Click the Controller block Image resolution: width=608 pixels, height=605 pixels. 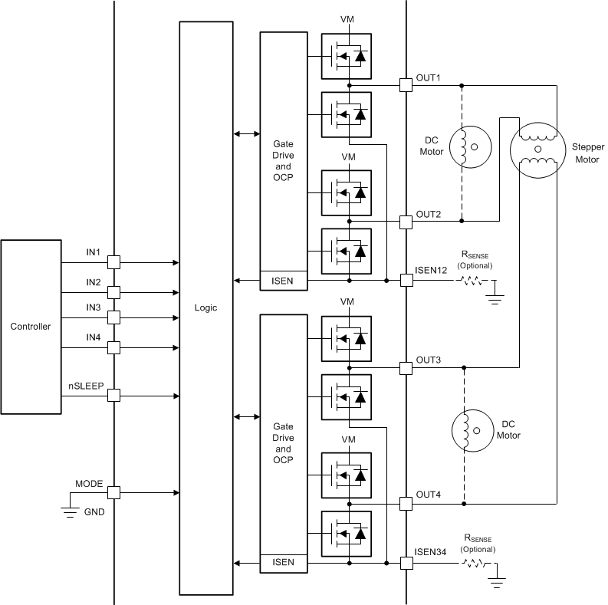click(x=31, y=327)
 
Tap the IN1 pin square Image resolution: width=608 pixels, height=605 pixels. click(x=113, y=262)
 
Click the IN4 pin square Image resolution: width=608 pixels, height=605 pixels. click(x=113, y=347)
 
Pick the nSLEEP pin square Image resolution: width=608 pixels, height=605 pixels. click(x=113, y=396)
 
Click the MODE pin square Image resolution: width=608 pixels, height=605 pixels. click(x=113, y=493)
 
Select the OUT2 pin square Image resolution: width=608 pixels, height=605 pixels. click(x=406, y=222)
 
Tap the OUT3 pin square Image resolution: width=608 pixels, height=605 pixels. click(x=406, y=369)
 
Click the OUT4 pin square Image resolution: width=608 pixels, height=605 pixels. click(x=406, y=504)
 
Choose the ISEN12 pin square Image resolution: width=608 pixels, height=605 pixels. click(x=406, y=281)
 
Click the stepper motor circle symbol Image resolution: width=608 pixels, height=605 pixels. click(x=537, y=148)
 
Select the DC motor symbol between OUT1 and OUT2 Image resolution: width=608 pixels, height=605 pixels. click(x=469, y=146)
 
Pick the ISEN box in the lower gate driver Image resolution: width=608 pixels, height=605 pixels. click(x=283, y=563)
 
